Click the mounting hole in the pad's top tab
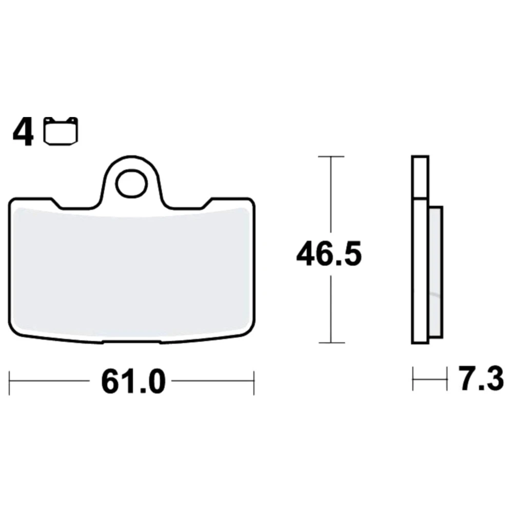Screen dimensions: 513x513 [x=131, y=184]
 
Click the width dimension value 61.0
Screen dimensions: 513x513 [x=133, y=382]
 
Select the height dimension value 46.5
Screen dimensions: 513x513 [x=329, y=253]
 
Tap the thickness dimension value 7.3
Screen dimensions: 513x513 [x=481, y=379]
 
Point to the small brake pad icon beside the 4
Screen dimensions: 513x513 [x=61, y=130]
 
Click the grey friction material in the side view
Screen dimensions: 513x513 [x=436, y=272]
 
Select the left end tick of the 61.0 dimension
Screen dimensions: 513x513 [x=9, y=383]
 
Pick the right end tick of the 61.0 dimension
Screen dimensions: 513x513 [x=254, y=383]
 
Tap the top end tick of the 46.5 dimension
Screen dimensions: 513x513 [x=331, y=156]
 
